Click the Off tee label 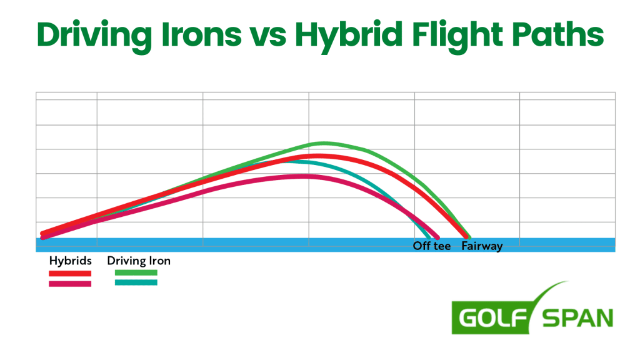pos(431,246)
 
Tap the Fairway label pos(482,246)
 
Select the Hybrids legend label pos(71,261)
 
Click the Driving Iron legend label pos(139,261)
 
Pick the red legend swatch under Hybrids pos(70,273)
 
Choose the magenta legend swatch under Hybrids pos(70,284)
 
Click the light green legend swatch pos(136,273)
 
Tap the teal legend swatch pos(136,283)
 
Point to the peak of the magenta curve pos(304,176)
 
